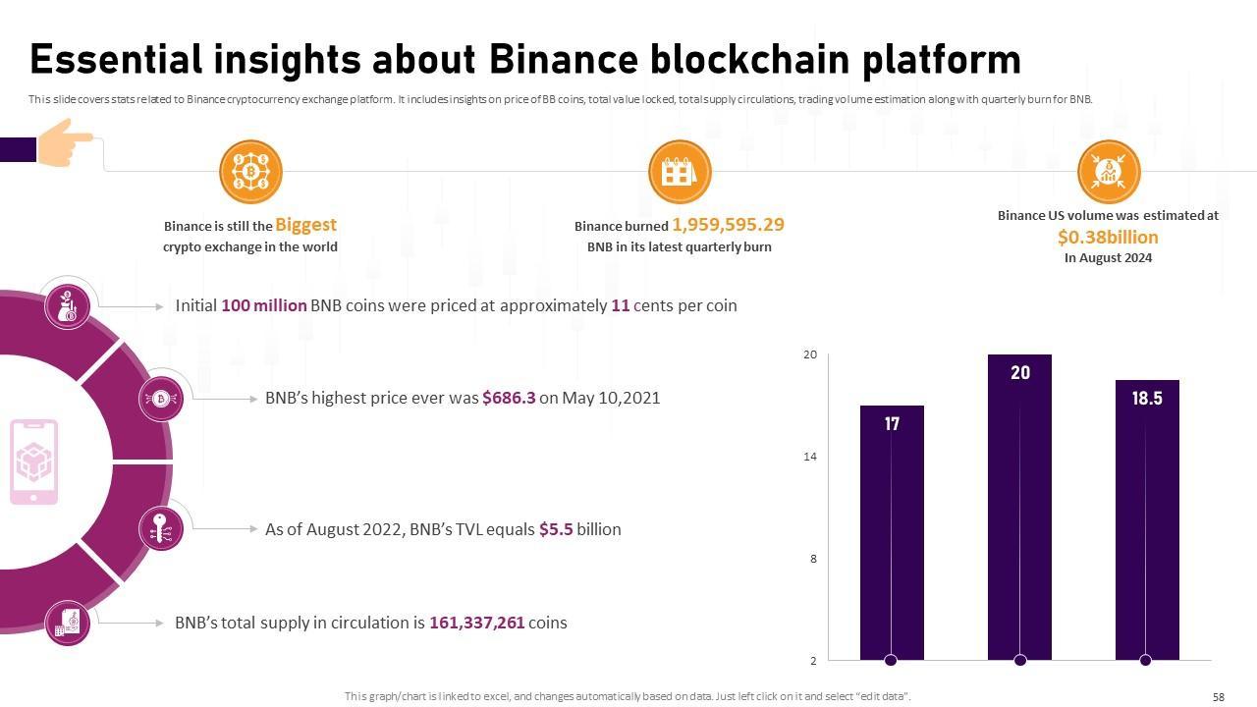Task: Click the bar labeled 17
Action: point(892,530)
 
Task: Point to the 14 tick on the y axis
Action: point(810,457)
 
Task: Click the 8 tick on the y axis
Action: point(813,559)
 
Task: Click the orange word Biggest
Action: point(305,225)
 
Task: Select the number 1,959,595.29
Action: point(728,225)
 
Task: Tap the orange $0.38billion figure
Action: point(1108,238)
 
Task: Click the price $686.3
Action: point(509,398)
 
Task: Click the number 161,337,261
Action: point(476,623)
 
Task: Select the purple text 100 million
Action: point(263,305)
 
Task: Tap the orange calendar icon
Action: point(680,172)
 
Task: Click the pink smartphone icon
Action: point(34,462)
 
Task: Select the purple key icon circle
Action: point(161,529)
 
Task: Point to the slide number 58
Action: point(1219,697)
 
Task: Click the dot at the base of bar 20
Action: point(1019,660)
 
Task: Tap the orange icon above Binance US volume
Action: point(1109,172)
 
